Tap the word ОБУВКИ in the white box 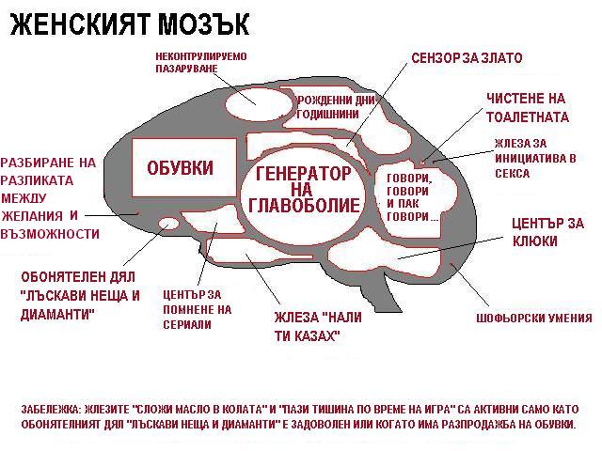[180, 168]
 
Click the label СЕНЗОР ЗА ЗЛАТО [467, 58]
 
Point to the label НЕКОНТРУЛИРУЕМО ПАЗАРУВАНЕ [200, 63]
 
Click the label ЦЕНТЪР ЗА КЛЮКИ [547, 232]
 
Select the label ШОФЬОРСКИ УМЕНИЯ [534, 318]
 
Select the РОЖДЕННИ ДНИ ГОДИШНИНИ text [327, 106]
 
